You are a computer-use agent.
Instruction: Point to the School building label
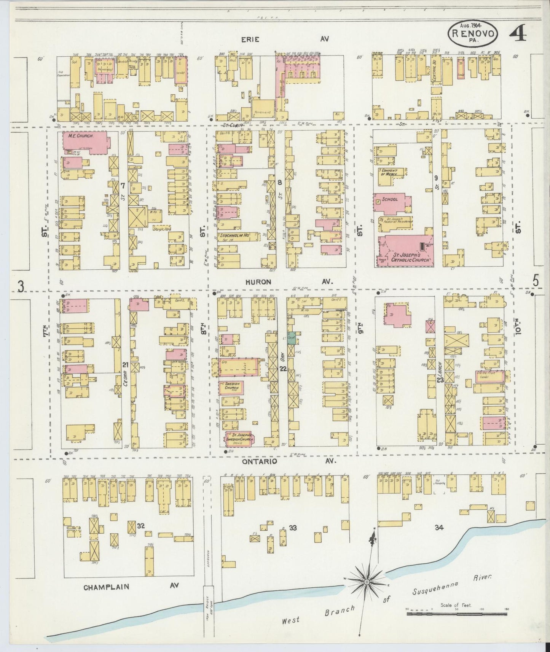pos(390,199)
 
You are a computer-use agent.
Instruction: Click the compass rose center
pos(366,582)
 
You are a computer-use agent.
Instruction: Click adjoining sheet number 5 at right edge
pos(536,281)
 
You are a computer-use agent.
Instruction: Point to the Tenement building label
pos(263,113)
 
